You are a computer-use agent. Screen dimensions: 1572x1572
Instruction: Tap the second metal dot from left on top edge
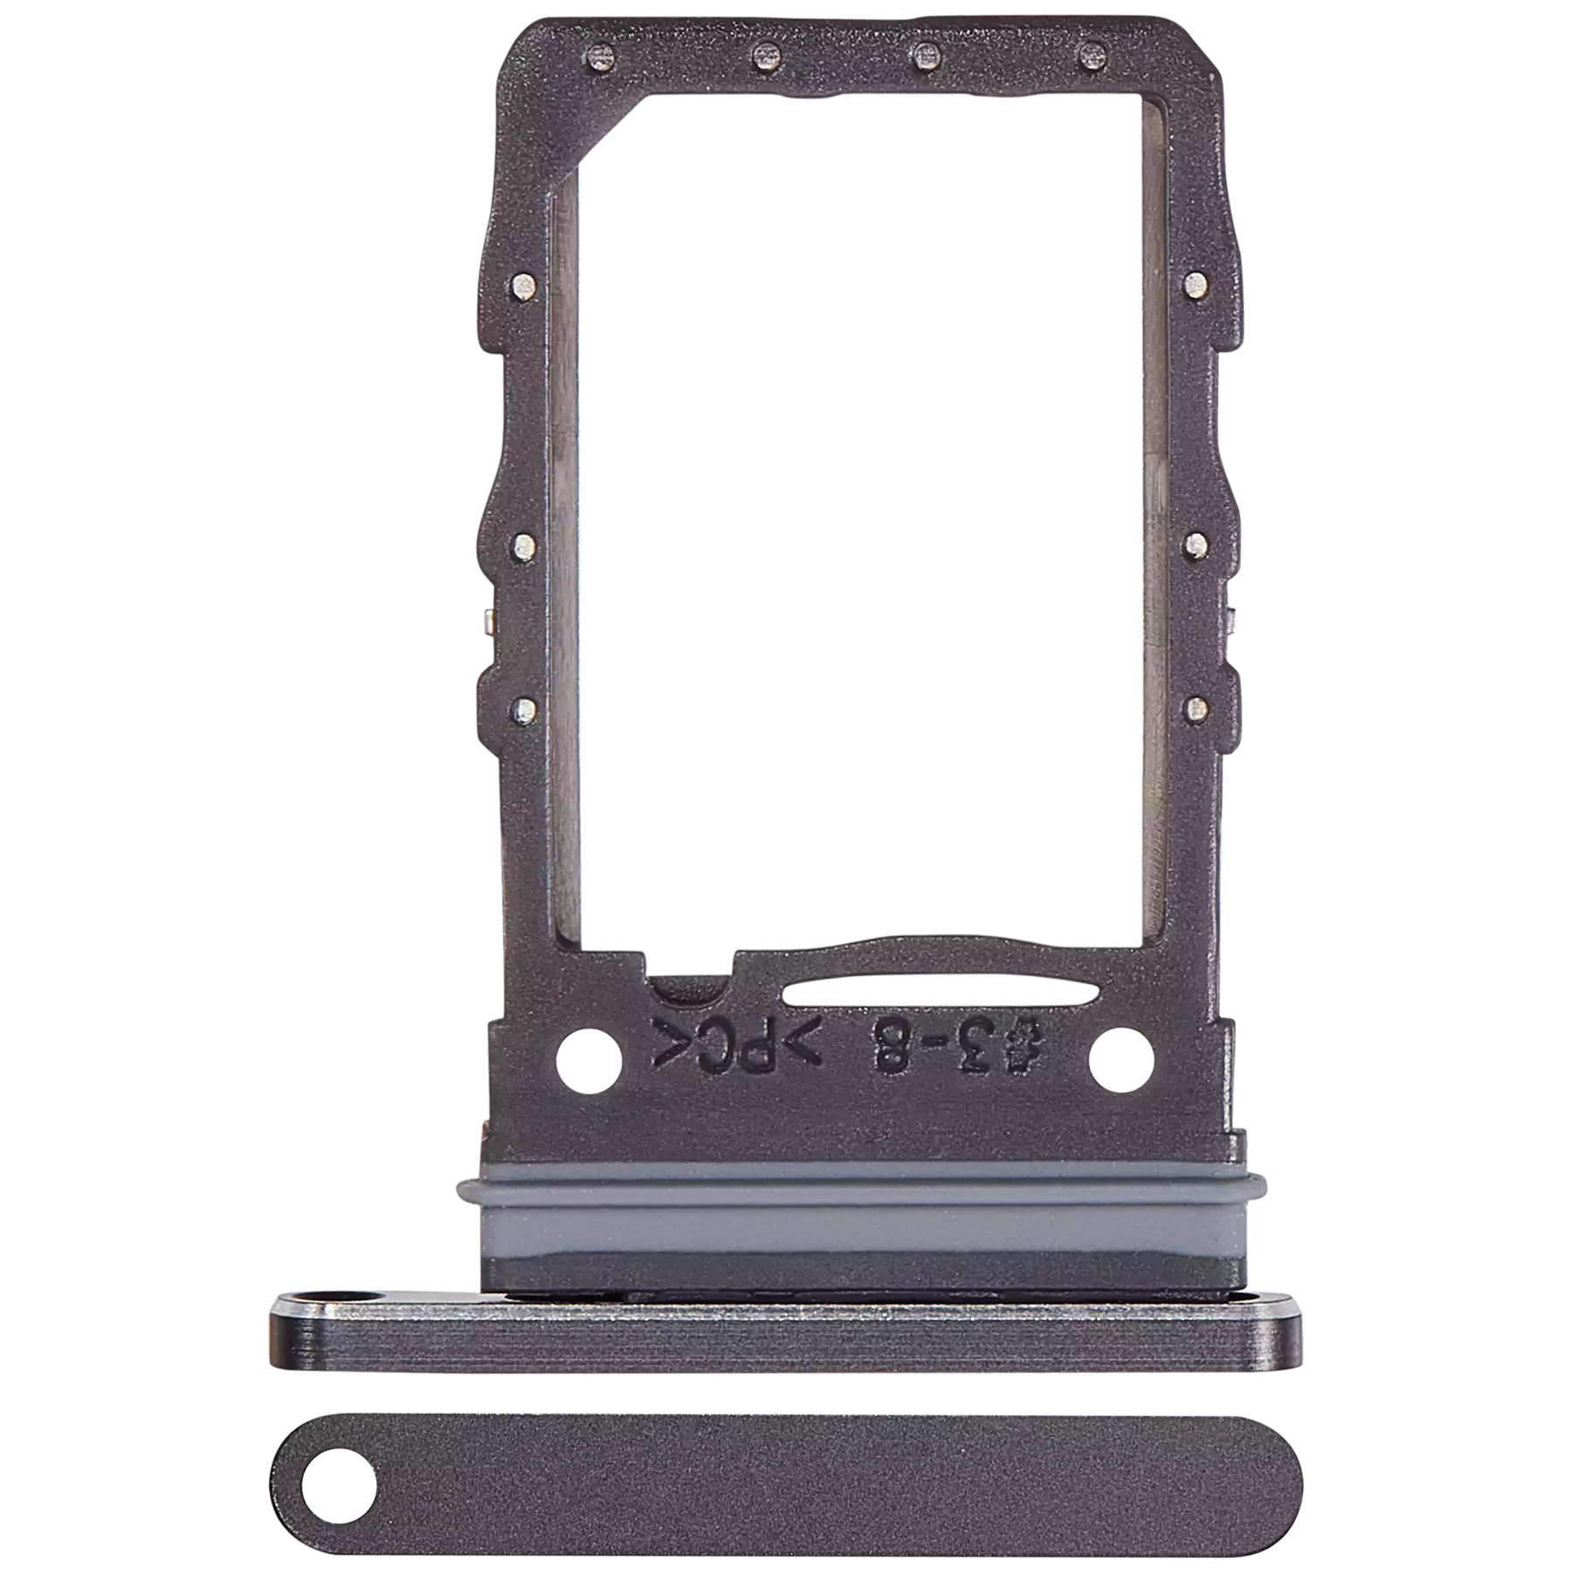[765, 58]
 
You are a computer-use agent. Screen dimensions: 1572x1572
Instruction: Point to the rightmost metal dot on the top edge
[1088, 58]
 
